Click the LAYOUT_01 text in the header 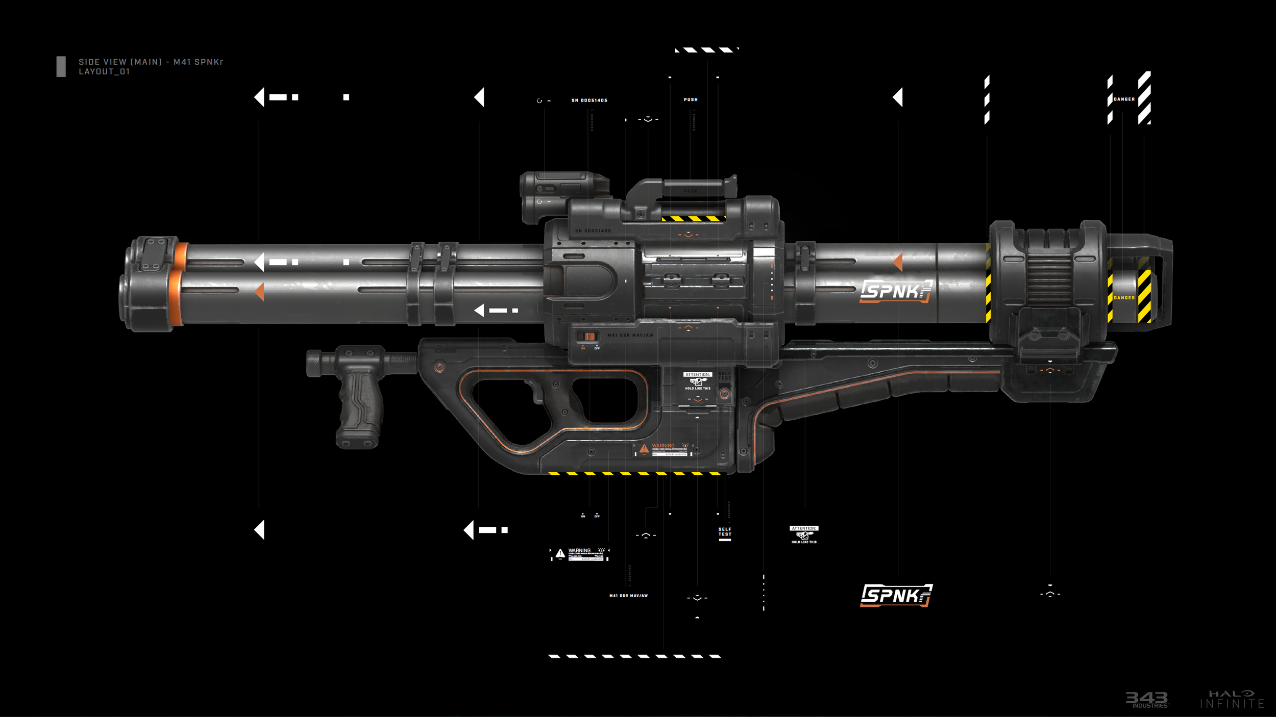104,72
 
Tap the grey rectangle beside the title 61,67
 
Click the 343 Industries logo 1147,699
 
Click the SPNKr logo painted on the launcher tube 896,291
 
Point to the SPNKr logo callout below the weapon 896,595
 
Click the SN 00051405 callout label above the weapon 590,100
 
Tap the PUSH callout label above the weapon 691,100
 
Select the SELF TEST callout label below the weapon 725,532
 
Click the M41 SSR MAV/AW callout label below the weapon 628,596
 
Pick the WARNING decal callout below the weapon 580,554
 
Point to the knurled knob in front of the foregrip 314,363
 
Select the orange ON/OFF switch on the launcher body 589,337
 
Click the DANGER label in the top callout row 1124,99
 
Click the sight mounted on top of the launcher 564,196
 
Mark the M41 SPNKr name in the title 198,62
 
